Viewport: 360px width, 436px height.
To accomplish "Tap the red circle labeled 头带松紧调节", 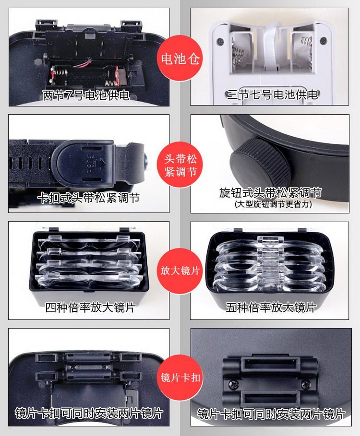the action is (x=180, y=165).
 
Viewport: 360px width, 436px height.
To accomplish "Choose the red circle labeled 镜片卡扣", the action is (x=180, y=377).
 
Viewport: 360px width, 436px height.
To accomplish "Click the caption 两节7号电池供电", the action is (x=86, y=95).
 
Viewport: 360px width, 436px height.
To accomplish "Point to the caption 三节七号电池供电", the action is (x=272, y=95).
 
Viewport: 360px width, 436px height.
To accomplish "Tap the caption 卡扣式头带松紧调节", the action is (x=88, y=198).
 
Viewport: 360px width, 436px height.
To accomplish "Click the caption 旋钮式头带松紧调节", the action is (x=270, y=192).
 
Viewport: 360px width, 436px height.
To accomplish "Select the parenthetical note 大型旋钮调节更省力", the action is (x=273, y=204).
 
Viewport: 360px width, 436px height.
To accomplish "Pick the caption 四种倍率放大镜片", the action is (x=90, y=307).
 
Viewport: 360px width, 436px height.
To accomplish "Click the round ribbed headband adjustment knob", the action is (x=260, y=161).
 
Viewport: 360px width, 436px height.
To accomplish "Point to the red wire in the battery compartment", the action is (x=84, y=63).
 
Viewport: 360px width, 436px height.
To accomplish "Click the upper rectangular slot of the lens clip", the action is (x=270, y=364).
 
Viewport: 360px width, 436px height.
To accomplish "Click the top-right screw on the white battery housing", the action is (x=323, y=41).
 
